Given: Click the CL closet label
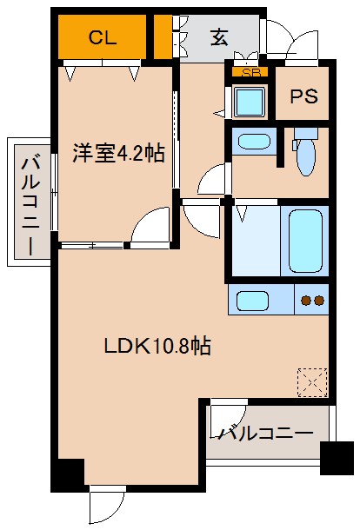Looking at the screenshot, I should click(103, 37).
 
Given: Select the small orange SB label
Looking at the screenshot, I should click(251, 73).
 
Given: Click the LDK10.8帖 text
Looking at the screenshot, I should click(157, 346).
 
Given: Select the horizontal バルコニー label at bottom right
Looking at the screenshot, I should click(266, 432).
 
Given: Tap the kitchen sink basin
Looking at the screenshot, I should click(253, 301).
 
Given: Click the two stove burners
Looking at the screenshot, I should click(312, 301).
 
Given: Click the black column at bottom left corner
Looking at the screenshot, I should click(67, 475).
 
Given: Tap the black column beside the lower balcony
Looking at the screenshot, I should click(336, 456).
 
